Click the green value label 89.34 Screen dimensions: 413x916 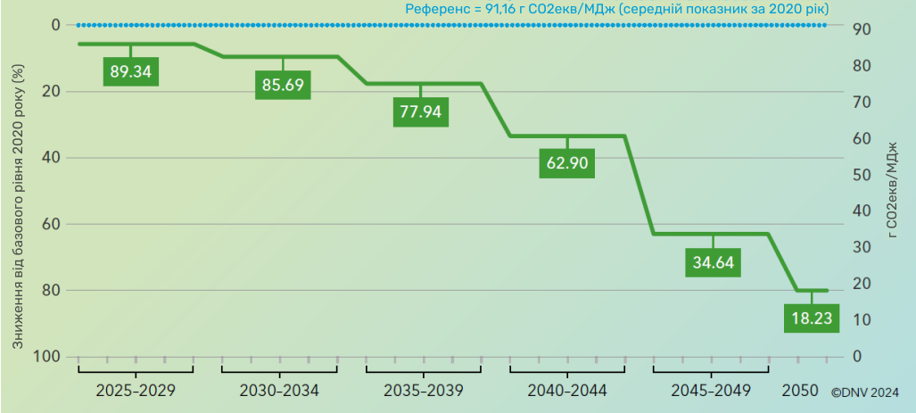(x=130, y=71)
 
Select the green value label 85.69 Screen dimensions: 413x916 (x=284, y=86)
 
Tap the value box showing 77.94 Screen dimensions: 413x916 (x=421, y=112)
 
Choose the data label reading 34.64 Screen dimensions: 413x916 (x=713, y=261)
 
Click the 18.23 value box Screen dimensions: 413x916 (x=812, y=318)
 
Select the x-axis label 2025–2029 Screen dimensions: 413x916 (x=136, y=391)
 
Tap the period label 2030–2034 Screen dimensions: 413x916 (x=279, y=391)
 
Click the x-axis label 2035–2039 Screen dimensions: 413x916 (x=423, y=391)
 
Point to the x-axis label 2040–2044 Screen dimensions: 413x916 (x=566, y=391)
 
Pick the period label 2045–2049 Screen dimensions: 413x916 (x=711, y=391)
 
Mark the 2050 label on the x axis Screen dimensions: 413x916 (x=798, y=391)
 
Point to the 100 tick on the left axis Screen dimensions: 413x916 (x=49, y=357)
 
